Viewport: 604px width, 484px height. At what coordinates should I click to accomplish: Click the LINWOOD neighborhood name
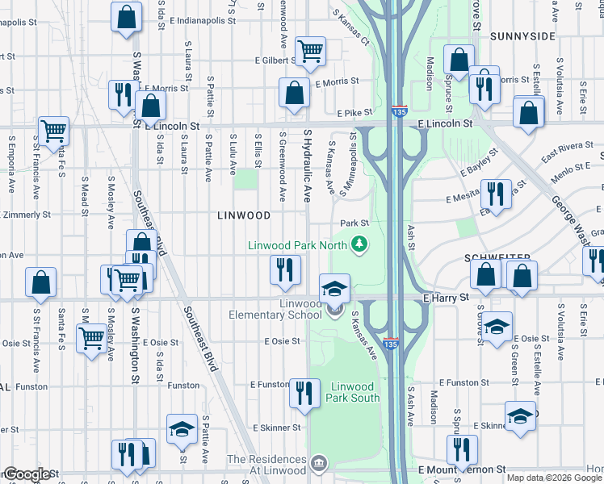244,215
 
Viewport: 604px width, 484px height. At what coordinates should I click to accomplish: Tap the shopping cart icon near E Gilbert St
310,51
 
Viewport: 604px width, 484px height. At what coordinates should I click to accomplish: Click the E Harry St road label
446,298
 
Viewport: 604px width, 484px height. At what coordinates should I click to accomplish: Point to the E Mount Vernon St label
461,469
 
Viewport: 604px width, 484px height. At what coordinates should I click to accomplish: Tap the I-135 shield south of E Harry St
391,344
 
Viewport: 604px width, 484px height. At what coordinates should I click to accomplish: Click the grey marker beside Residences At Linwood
319,464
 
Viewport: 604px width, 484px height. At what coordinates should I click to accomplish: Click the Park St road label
354,223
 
